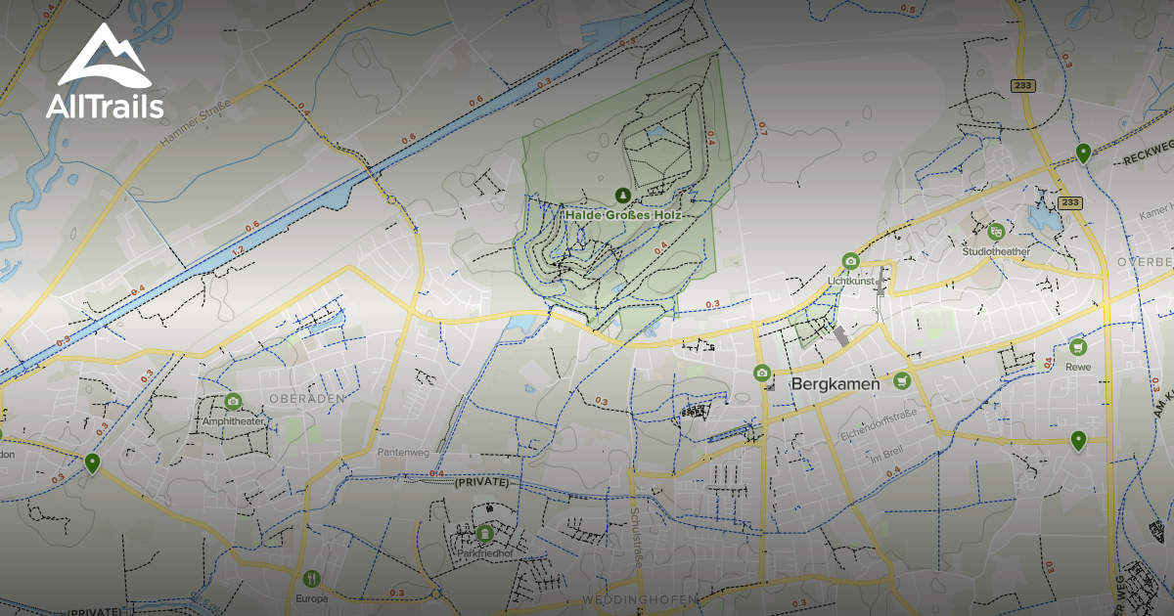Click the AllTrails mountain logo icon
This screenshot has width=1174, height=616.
[103, 56]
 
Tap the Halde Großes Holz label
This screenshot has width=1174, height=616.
[622, 213]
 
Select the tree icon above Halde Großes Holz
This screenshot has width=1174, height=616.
[622, 195]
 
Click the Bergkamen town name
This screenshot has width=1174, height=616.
[835, 383]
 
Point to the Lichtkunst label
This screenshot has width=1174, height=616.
[849, 280]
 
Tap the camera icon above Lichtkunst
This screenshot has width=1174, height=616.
[850, 261]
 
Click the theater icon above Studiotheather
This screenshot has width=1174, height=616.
[996, 232]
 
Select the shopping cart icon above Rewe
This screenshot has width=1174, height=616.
[1078, 347]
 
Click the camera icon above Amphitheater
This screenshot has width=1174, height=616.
[233, 402]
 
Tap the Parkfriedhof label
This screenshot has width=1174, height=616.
[485, 552]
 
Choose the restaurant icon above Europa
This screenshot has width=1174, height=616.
[311, 578]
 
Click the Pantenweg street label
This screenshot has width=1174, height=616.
[402, 453]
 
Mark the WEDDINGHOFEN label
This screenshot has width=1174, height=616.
[640, 598]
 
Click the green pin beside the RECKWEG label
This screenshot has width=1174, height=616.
[1083, 153]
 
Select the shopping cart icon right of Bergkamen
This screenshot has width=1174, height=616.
[902, 380]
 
